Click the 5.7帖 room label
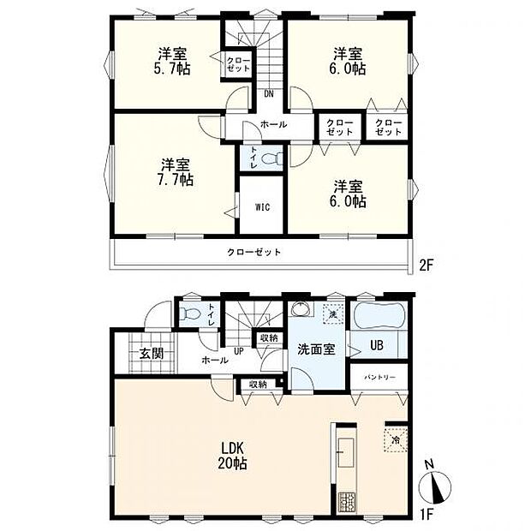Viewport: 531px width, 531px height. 172,62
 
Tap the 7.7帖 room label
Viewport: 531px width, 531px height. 175,172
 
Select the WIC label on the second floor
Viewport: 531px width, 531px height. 262,206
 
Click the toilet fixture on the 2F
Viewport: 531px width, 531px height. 273,158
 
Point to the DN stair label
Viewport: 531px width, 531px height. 269,94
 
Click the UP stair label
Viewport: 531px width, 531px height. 239,351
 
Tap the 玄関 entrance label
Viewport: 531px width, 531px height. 152,354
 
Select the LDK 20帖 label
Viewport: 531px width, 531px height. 232,456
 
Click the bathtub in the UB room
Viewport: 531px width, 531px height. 379,315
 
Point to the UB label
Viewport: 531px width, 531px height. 377,345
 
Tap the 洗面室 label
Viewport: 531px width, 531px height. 316,349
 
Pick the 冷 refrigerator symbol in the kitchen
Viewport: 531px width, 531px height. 395,440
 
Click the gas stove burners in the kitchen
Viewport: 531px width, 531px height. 347,502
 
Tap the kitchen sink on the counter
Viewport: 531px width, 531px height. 346,453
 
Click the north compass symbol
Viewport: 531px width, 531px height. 435,486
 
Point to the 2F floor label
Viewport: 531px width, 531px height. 426,265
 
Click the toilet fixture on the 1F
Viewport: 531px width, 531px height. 189,313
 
